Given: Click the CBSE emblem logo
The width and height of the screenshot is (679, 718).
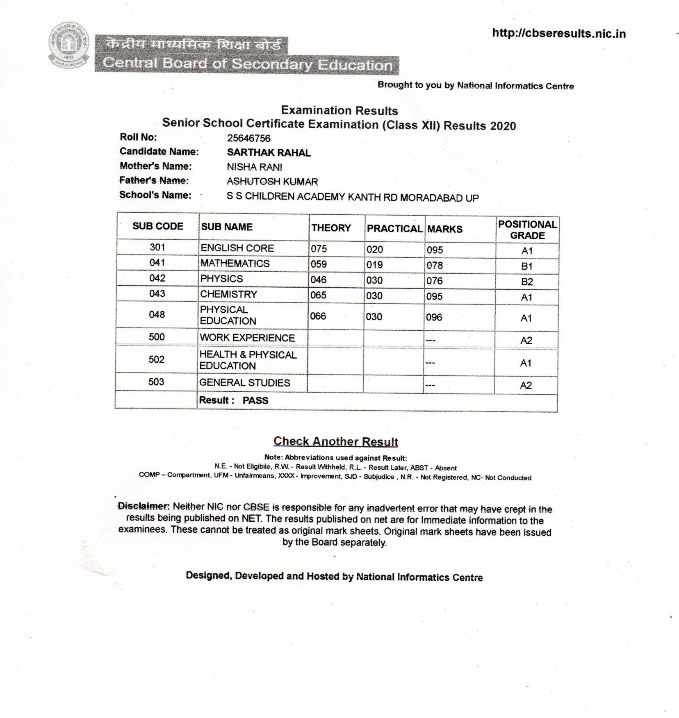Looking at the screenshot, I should click(69, 45).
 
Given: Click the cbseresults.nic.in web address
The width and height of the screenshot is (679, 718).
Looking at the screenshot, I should click(558, 33).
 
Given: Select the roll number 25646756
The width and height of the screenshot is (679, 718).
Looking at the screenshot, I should click(248, 139).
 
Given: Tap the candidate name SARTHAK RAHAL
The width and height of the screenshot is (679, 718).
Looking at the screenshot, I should click(269, 153).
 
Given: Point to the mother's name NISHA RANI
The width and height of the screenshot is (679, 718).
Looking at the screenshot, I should click(254, 167).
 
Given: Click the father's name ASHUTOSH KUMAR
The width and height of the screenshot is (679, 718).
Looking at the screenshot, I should click(272, 182).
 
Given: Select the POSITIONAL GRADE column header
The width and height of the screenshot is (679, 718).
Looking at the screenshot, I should click(527, 230).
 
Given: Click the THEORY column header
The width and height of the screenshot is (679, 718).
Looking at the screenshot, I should click(331, 228).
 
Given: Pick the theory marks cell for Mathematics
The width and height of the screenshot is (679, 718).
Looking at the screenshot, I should click(319, 264).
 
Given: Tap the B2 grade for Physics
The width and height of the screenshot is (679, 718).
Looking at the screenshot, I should click(527, 282).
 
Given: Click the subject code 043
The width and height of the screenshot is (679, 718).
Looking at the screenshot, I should click(157, 294).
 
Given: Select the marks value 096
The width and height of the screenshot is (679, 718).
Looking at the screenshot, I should click(434, 317).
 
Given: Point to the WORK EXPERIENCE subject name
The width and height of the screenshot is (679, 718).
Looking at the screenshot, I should click(247, 338).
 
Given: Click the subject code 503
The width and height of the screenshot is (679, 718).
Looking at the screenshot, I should click(156, 382).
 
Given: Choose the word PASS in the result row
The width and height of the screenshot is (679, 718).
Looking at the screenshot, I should click(255, 400).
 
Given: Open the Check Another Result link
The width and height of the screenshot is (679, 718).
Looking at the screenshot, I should click(336, 441).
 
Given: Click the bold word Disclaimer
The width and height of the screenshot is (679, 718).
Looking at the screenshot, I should click(144, 506).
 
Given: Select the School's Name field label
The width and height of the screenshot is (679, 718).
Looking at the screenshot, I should click(155, 195).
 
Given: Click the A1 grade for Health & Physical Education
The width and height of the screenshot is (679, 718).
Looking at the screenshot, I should click(526, 363).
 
